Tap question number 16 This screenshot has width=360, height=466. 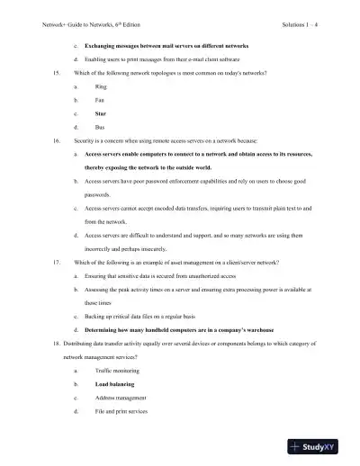[58, 141]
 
